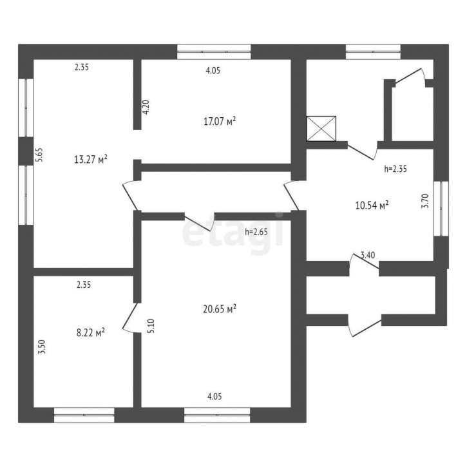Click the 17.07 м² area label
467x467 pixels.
click(x=220, y=121)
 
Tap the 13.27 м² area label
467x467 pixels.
click(x=91, y=159)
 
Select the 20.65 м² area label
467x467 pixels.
click(x=220, y=309)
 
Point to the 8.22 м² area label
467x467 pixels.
click(x=91, y=332)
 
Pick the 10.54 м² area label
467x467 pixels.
click(x=372, y=205)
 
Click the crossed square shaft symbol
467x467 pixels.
click(x=321, y=128)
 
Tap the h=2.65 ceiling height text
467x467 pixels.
click(x=256, y=231)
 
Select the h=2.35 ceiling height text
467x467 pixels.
click(x=396, y=169)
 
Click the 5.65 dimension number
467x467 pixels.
click(x=39, y=155)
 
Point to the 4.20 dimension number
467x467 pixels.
click(x=146, y=107)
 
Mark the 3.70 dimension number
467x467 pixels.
click(x=425, y=201)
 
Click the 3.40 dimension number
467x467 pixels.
click(x=368, y=255)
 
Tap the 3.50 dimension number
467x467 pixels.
click(x=43, y=347)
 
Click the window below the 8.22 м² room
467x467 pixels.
click(x=84, y=415)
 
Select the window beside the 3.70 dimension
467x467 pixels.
click(x=441, y=209)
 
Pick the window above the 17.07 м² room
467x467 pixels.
click(x=214, y=52)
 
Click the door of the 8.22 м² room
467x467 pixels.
click(x=130, y=318)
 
